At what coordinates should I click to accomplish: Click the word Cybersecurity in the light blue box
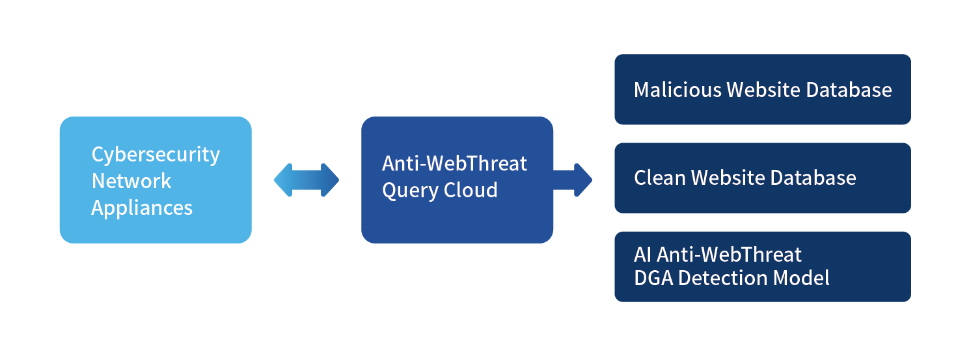tap(156, 155)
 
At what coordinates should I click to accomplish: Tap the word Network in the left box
tap(131, 181)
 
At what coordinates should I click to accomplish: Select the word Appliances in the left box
tap(141, 208)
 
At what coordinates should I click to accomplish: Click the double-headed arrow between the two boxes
tap(307, 180)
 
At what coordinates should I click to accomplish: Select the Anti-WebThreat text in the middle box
tap(454, 163)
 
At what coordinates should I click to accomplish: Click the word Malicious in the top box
tap(677, 90)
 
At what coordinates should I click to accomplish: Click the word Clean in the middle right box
tap(659, 178)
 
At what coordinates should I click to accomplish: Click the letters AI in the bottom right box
tap(643, 254)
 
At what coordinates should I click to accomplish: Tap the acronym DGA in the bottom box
tap(653, 279)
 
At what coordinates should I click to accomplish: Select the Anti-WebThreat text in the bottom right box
tap(730, 254)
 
